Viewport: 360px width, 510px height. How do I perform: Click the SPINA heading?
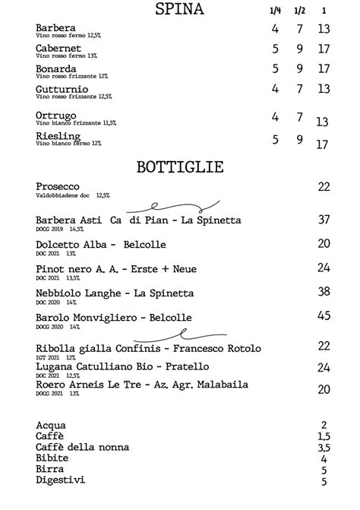[x=179, y=9]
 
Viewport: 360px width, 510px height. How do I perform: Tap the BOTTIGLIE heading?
[x=179, y=166]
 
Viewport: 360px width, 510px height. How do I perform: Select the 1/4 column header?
[x=275, y=11]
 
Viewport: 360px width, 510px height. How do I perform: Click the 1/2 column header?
[x=299, y=11]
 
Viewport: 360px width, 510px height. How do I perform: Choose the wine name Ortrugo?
[x=56, y=116]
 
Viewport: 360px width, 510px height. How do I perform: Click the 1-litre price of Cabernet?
[x=324, y=49]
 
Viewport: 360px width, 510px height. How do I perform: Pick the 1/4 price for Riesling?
[x=276, y=140]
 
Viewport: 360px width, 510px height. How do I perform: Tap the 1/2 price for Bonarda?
[x=300, y=68]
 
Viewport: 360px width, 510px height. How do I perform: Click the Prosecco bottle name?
[x=58, y=186]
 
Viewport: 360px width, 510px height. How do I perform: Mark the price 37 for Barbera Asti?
[x=324, y=220]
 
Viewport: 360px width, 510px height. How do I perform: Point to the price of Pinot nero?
[x=324, y=268]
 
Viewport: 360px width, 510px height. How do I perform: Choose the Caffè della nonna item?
[x=82, y=447]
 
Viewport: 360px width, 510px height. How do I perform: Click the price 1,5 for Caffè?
[x=324, y=436]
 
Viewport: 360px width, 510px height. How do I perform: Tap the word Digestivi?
[x=61, y=480]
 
